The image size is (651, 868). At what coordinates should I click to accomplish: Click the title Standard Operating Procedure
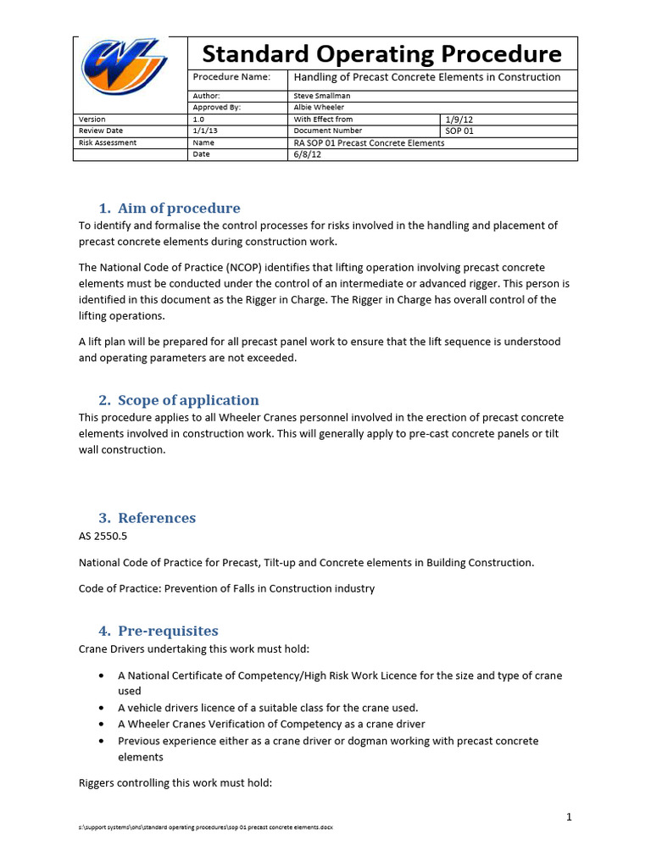click(x=381, y=54)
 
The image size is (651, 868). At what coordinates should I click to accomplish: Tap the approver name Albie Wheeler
click(x=319, y=108)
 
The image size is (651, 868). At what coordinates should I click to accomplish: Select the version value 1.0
click(x=199, y=120)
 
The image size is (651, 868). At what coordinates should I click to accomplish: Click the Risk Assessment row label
click(x=108, y=143)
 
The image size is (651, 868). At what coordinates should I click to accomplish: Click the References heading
click(x=157, y=518)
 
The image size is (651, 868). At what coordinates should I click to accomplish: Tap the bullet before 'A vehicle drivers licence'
click(x=102, y=708)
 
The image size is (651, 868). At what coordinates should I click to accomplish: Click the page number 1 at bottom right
click(x=570, y=817)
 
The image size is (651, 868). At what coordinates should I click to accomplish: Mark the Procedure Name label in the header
click(x=231, y=77)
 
